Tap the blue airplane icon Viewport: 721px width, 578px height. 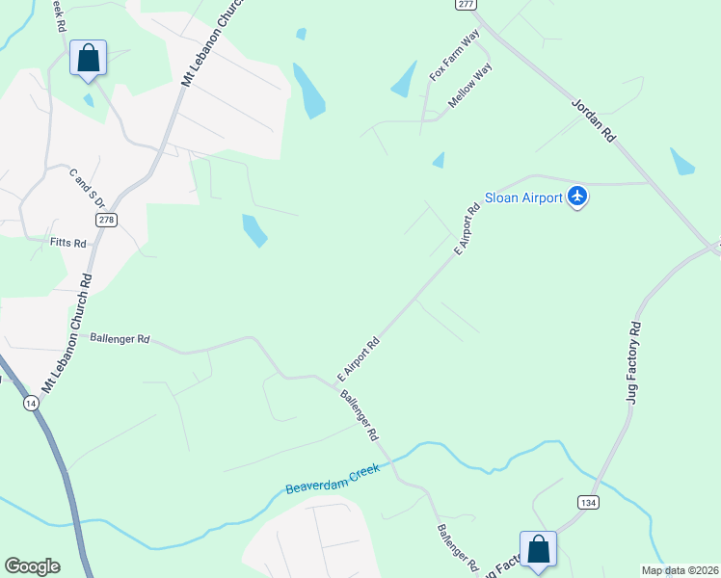[577, 197]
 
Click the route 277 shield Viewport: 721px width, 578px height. [467, 5]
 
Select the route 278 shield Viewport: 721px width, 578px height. [106, 220]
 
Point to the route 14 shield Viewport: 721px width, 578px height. [33, 405]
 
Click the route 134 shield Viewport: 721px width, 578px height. [588, 502]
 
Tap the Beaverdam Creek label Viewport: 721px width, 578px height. [334, 478]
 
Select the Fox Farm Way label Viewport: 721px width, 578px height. [455, 56]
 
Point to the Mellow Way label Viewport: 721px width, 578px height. [470, 85]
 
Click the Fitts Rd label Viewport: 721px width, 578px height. [67, 244]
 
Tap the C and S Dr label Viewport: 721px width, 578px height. [86, 187]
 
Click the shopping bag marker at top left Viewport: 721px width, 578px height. [89, 58]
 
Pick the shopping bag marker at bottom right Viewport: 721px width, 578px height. [538, 549]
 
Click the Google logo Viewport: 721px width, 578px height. [32, 566]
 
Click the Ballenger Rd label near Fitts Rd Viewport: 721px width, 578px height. [120, 339]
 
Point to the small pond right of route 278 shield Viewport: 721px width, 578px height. [254, 229]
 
